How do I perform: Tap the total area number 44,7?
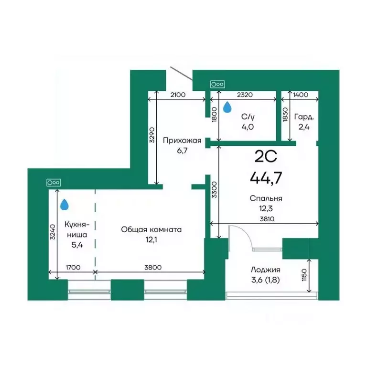click(x=266, y=177)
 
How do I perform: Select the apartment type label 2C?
click(x=265, y=156)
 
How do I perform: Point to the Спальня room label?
click(x=266, y=198)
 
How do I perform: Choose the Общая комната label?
click(x=151, y=229)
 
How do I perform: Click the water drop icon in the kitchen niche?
click(x=65, y=205)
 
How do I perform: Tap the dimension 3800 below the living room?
click(x=152, y=268)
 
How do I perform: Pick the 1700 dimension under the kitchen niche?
click(x=73, y=268)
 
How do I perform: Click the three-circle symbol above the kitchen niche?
click(x=54, y=183)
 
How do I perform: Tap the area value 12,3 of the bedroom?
click(x=266, y=208)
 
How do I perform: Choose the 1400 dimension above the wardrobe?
click(x=301, y=95)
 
